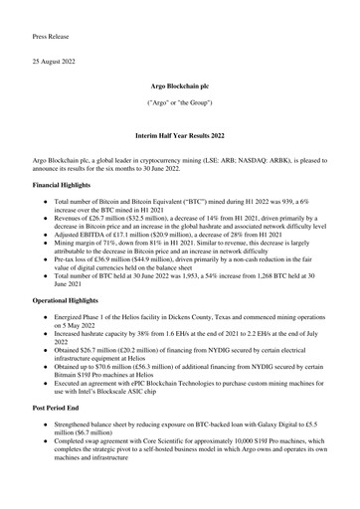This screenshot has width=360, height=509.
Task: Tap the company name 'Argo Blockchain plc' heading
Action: coord(180,88)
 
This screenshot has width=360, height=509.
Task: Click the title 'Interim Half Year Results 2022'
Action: coord(180,132)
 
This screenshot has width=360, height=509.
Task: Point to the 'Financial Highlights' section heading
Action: coord(72,185)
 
